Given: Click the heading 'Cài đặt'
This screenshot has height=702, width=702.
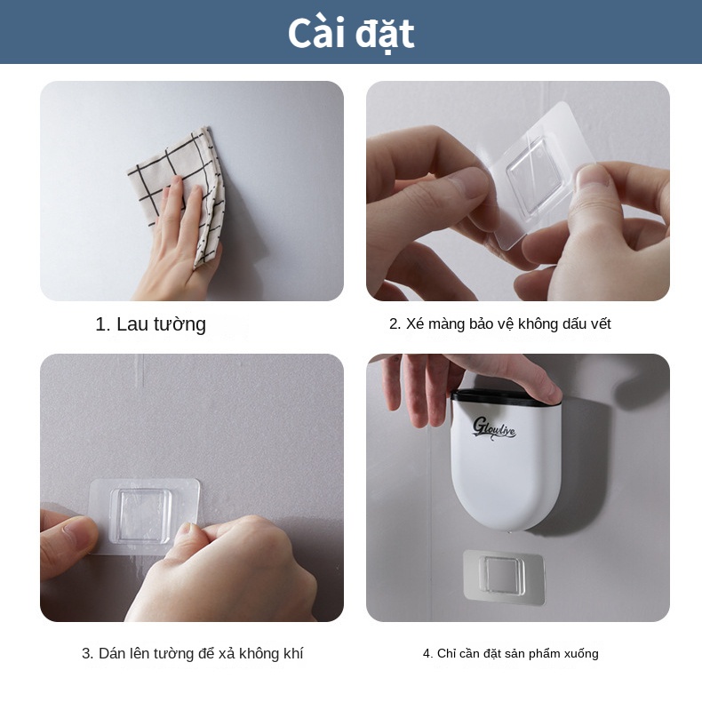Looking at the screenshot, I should click(351, 33).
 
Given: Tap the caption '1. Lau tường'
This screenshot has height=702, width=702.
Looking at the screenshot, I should click(150, 324).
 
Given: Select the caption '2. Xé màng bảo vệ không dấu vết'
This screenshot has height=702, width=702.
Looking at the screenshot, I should click(499, 324).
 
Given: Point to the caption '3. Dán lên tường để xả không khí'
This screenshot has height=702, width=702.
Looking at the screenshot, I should click(192, 654).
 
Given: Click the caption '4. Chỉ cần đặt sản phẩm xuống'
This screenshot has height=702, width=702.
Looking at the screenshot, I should click(510, 654).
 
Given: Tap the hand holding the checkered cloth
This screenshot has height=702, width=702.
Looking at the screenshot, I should click(173, 240).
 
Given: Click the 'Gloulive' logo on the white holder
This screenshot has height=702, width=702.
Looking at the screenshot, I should click(495, 427).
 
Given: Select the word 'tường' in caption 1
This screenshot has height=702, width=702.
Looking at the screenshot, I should click(181, 324).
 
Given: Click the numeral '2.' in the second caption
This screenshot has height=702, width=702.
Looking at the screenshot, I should click(395, 324).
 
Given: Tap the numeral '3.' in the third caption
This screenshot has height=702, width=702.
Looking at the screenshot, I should click(88, 654).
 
